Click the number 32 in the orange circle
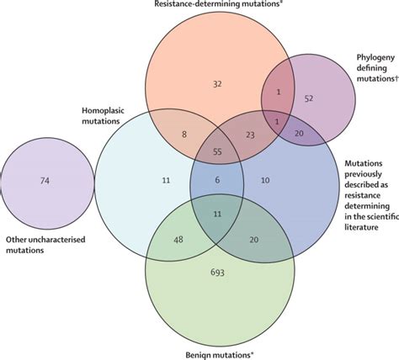tap(217, 84)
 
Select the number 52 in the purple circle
tap(309, 98)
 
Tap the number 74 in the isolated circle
tap(45, 180)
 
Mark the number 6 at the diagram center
tap(217, 180)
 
